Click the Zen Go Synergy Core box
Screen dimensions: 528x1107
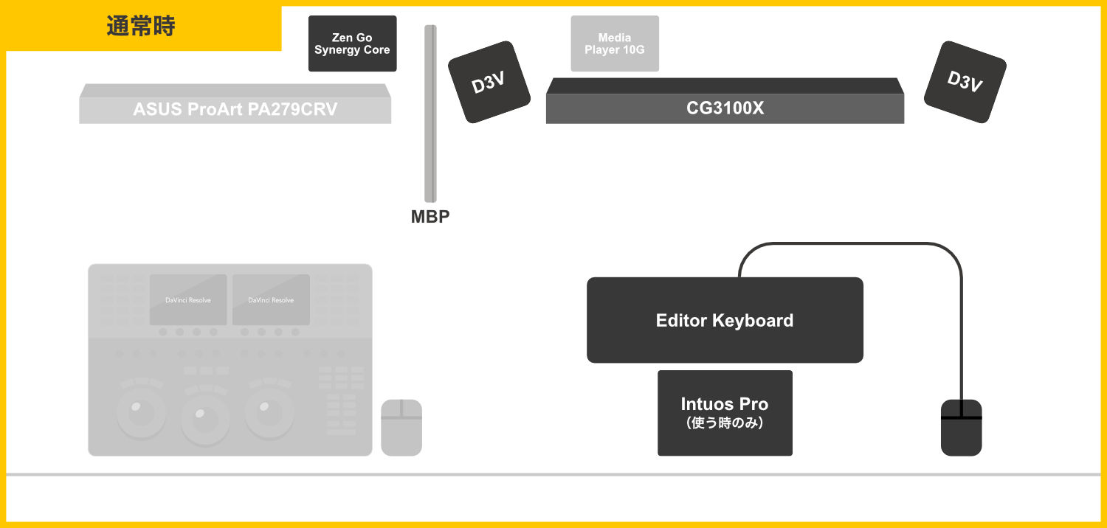point(352,44)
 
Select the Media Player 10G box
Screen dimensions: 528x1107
point(615,44)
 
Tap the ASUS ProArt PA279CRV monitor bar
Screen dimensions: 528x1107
point(235,109)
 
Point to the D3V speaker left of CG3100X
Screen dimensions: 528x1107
point(489,81)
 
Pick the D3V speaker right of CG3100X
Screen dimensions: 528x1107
point(965,81)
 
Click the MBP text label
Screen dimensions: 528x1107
point(430,217)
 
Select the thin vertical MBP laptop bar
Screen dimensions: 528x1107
point(430,114)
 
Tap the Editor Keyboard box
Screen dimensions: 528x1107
point(725,320)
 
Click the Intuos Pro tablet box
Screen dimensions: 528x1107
point(725,404)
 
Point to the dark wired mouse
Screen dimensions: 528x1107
point(962,428)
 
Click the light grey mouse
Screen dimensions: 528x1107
point(401,428)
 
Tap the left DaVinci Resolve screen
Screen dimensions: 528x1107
point(188,299)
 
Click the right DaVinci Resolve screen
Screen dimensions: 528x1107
point(271,299)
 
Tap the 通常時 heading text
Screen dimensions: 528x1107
point(140,27)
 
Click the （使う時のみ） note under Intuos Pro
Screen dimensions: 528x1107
point(725,423)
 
